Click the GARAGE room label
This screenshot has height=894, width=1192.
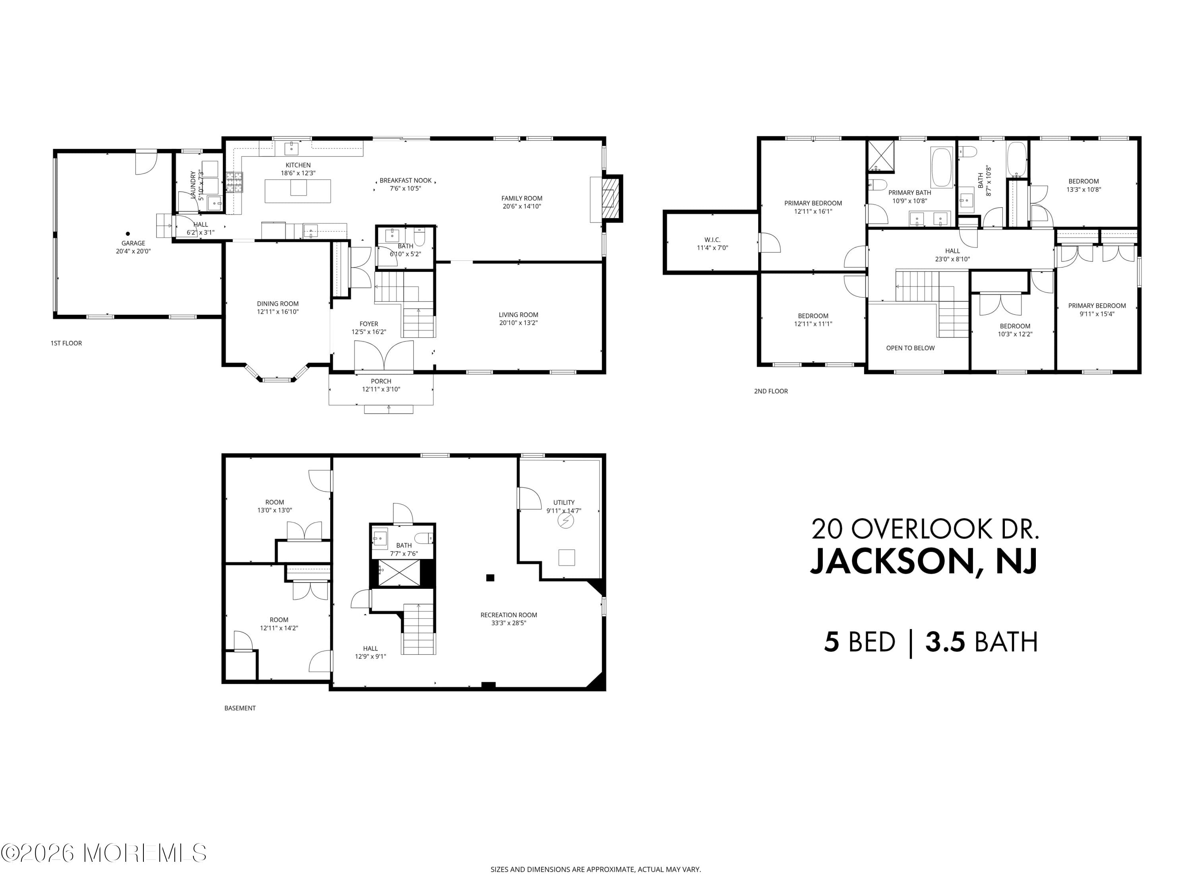133,243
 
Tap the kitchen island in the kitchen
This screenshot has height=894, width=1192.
298,191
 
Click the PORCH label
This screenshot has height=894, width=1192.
381,381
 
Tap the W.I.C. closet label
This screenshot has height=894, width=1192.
712,240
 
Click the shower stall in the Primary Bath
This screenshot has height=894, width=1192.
880,156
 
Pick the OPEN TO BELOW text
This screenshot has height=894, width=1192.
910,348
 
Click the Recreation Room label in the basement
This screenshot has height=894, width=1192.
509,615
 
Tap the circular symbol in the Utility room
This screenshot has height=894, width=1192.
565,521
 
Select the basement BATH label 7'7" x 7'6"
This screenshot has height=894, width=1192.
404,549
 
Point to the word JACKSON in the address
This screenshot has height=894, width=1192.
892,561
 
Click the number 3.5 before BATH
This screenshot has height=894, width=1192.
945,642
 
